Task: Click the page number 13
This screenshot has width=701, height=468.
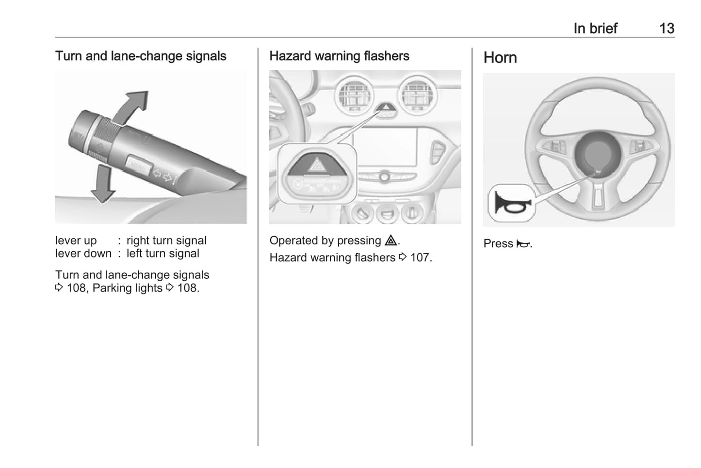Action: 667,29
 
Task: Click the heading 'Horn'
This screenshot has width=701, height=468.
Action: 500,58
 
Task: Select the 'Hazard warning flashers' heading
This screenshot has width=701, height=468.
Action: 339,56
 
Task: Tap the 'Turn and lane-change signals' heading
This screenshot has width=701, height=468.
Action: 141,56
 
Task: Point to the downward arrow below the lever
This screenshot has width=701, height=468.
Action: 103,183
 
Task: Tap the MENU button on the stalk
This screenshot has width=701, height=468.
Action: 139,165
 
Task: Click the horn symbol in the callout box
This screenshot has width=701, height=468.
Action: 513,203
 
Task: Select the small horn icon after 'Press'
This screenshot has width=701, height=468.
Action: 523,243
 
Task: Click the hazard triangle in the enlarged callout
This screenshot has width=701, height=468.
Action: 317,164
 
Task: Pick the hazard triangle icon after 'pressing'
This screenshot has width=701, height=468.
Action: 391,240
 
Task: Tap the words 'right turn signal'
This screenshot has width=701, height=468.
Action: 166,240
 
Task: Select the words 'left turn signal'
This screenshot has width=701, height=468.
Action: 163,253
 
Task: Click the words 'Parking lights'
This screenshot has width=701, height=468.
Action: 128,288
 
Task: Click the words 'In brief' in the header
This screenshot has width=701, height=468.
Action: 595,29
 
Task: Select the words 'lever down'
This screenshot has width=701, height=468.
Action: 83,253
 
